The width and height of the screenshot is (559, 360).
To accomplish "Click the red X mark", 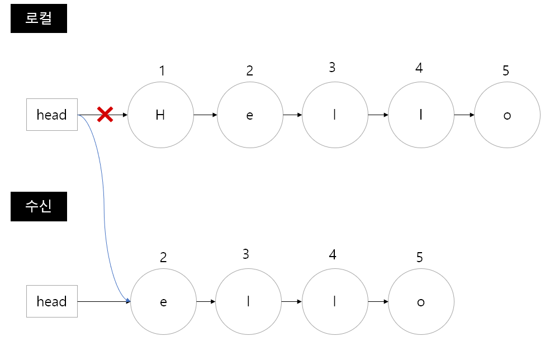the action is pos(105,115).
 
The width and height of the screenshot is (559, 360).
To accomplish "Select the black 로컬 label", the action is pos(39,18).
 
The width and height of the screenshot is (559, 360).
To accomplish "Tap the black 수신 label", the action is pos(39,206).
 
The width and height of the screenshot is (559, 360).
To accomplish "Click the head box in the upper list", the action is pos(51,115).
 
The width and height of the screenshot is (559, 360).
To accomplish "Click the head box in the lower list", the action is pos(51,302).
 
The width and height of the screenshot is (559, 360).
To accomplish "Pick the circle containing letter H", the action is pos(160,115).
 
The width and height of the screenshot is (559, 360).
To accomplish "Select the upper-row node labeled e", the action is pos(250,115).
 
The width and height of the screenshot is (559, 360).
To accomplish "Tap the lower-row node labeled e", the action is pos(163,302).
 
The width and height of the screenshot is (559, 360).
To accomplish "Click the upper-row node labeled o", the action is pos(507,115).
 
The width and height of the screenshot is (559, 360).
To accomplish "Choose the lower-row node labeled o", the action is pos(421,302).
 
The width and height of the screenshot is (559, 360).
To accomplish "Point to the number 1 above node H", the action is pos(162,71).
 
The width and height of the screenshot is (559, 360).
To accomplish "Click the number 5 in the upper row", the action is pos(506,71).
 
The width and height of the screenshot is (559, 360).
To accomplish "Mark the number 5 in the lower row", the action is pos(420,258).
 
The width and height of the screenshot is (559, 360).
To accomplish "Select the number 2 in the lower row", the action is pos(163,258).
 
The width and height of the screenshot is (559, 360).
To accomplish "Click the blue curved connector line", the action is pos(104,207).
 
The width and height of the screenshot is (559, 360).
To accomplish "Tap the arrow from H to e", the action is pos(205,115).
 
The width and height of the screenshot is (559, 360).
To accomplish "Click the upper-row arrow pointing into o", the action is pos(464,115).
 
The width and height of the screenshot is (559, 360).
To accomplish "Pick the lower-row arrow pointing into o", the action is pos(378,302).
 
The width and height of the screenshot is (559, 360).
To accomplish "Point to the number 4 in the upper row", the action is pos(419,68).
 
